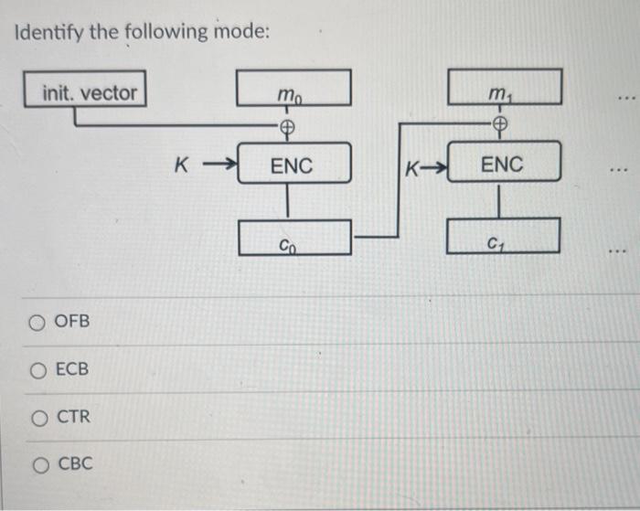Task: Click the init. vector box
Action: click(89, 92)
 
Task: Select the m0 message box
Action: click(293, 88)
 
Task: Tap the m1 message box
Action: click(504, 88)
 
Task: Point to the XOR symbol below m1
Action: click(500, 127)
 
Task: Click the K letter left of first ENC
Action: click(181, 166)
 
